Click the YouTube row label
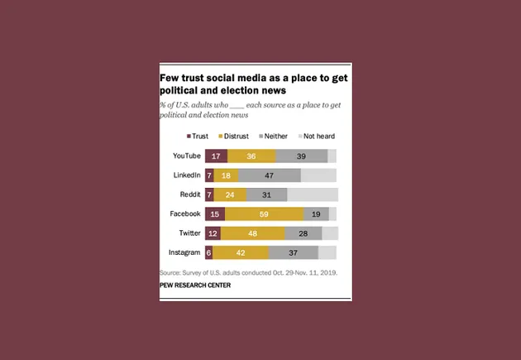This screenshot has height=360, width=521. click(x=186, y=156)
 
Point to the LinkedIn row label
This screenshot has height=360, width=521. click(x=187, y=175)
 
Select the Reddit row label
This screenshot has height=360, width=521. click(x=190, y=195)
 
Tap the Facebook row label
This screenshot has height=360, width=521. click(x=185, y=214)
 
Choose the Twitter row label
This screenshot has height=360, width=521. click(x=189, y=233)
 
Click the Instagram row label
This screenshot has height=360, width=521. click(x=184, y=252)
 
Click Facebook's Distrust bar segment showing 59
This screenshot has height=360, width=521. click(x=265, y=214)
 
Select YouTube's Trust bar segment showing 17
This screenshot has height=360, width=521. click(x=216, y=156)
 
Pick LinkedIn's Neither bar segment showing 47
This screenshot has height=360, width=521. click(x=270, y=175)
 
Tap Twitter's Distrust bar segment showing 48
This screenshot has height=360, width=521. click(x=253, y=233)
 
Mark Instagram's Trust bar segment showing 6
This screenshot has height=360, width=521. click(x=208, y=252)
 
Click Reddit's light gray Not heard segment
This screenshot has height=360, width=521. click(x=313, y=195)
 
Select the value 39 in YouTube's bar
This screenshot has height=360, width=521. click(x=302, y=156)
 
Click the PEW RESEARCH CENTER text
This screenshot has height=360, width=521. click(x=195, y=286)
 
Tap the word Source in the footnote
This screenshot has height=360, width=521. click(x=170, y=272)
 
